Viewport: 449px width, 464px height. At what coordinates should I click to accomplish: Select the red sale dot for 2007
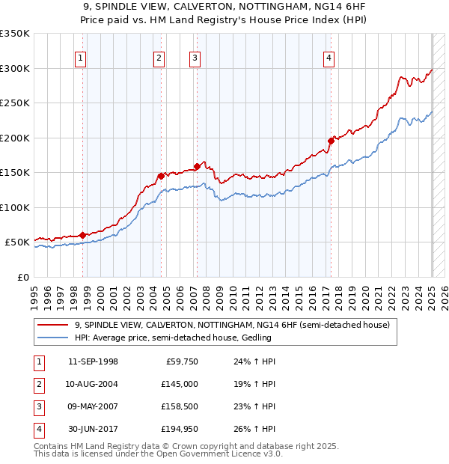point(197,166)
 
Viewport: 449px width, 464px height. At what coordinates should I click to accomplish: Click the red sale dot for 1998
point(82,235)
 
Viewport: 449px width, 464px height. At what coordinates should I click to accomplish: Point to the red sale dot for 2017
point(331,141)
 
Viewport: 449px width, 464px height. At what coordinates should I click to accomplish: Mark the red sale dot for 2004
point(160,176)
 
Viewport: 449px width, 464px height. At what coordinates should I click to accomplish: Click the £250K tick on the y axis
point(15,103)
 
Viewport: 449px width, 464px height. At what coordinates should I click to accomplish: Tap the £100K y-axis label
point(15,207)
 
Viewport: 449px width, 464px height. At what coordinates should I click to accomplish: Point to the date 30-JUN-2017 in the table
point(92,429)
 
